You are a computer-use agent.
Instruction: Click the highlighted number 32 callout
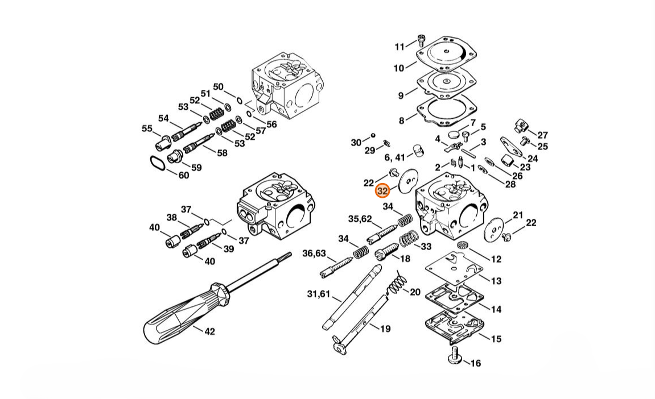tap(382, 191)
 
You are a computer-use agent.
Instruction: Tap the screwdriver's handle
tap(184, 313)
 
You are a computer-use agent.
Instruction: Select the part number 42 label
tap(209, 331)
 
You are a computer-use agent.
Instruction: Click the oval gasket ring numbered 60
tap(158, 163)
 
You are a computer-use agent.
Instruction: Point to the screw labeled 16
tap(453, 359)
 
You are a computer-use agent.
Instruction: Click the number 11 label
tap(399, 47)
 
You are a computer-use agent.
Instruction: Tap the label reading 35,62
tap(360, 219)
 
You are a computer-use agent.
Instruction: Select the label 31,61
tap(318, 294)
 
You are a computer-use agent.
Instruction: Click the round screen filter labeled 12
tap(462, 245)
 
